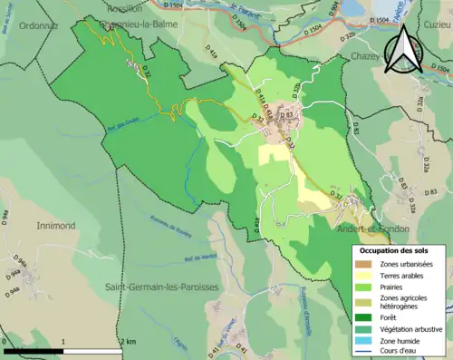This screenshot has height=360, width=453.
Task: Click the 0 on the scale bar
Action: (5, 341)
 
